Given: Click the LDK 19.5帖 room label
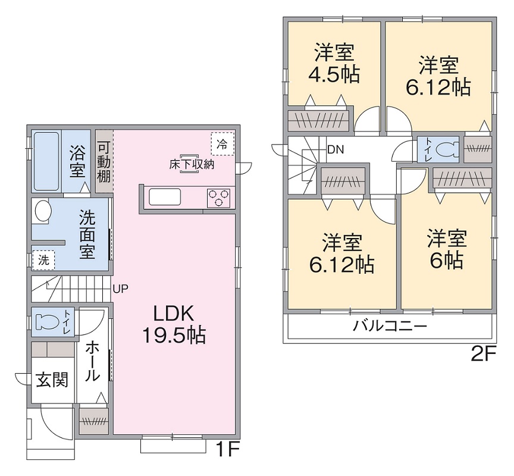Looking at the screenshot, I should point(173,324).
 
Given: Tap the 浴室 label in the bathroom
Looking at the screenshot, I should point(77,162).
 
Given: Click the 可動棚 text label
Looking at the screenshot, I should point(104,162).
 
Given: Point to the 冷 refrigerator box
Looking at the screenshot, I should point(222,143).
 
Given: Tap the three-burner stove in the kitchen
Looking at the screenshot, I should point(218,197).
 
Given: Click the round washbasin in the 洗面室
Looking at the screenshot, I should point(42,210).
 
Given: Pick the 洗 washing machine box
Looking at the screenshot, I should point(43,259).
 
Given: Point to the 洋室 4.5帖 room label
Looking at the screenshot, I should point(334,64).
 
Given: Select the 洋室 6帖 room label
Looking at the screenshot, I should point(446,250).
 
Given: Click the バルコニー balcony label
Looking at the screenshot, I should point(390,326).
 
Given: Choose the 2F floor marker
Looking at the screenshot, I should point(483,354).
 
